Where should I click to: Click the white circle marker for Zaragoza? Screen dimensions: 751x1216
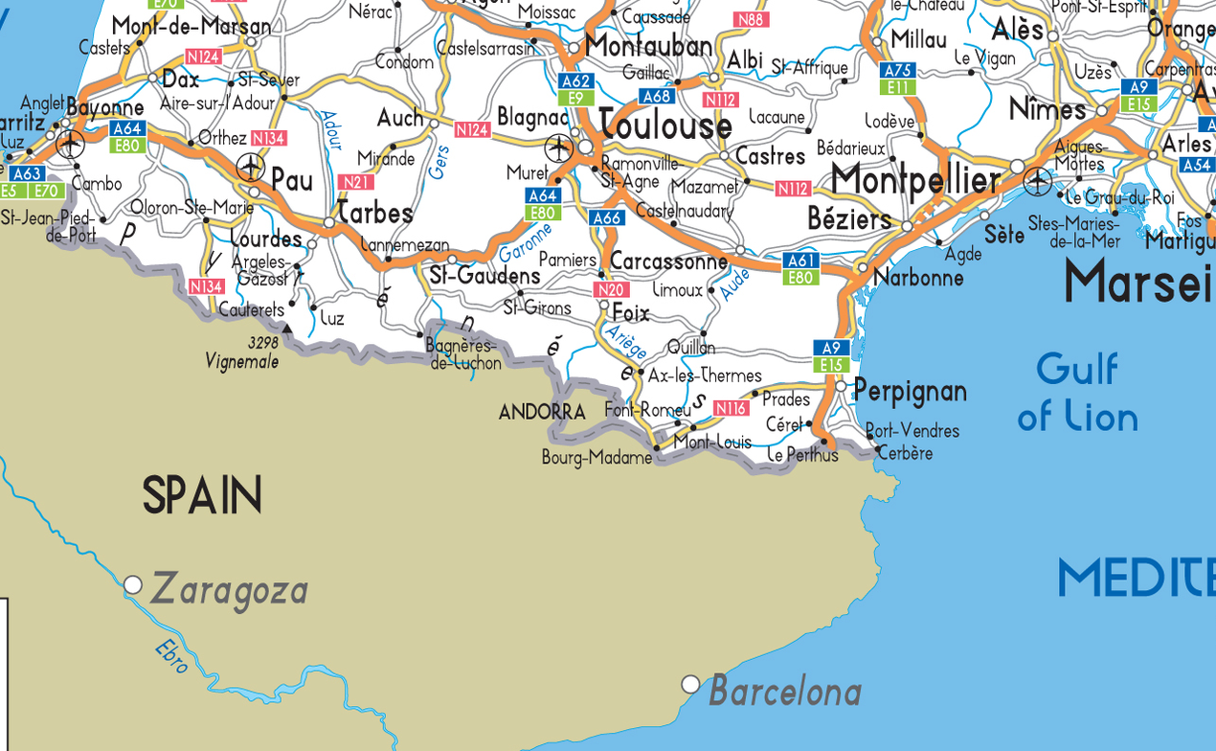point(133,584)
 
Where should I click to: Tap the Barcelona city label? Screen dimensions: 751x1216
point(785,691)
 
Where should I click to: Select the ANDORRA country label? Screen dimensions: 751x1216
point(542,413)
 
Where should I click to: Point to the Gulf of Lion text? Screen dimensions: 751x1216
point(1077,393)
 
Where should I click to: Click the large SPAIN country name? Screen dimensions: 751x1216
point(202,495)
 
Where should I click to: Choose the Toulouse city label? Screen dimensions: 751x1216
point(665,125)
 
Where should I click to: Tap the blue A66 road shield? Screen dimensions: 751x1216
point(607,217)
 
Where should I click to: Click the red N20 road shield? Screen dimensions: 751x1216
point(610,289)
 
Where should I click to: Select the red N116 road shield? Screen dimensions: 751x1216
point(731,408)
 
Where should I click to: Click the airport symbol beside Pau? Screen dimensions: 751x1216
point(250,167)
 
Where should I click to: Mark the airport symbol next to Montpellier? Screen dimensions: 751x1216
point(1038,180)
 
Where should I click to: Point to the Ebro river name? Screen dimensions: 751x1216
point(172,657)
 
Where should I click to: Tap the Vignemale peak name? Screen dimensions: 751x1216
point(241,361)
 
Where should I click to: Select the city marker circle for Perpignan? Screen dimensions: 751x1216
point(841,387)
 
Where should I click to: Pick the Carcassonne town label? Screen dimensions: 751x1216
point(668,262)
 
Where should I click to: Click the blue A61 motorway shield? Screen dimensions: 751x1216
point(800,261)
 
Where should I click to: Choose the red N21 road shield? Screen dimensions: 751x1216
point(355,182)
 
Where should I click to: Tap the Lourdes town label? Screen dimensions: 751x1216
point(266,239)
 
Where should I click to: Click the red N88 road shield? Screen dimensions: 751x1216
point(751,19)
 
